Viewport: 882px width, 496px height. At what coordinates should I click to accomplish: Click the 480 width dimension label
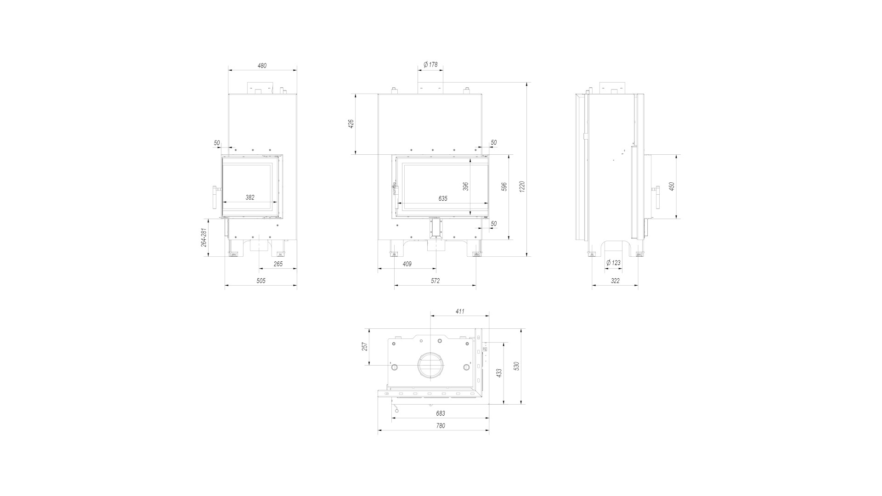point(262,66)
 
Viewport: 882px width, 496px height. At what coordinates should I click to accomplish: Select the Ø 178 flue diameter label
point(430,64)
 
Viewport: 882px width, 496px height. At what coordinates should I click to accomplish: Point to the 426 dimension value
point(351,124)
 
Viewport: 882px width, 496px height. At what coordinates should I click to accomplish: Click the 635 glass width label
point(443,199)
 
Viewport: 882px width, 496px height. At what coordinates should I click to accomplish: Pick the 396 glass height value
point(466,186)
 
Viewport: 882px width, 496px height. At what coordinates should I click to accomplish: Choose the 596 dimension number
point(504,186)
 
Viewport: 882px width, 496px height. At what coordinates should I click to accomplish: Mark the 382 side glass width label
point(250,197)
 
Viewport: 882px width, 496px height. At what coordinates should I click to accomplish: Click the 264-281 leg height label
point(204,238)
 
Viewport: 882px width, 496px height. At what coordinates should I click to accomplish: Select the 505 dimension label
point(261,281)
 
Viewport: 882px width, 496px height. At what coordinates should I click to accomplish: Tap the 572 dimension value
point(435,281)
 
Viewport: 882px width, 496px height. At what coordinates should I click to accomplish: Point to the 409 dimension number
point(407,264)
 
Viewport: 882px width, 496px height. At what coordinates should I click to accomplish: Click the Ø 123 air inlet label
point(613,263)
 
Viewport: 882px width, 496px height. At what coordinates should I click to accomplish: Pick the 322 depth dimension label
point(615,281)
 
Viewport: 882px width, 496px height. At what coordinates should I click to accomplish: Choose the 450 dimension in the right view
point(672,186)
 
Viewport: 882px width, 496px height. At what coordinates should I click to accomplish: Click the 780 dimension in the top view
point(440,426)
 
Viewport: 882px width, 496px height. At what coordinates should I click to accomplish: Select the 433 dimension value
point(499,373)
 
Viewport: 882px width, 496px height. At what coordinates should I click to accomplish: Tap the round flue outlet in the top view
point(430,366)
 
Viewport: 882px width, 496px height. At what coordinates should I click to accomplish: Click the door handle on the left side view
point(215,197)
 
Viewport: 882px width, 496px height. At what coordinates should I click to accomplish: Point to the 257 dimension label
point(365,347)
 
